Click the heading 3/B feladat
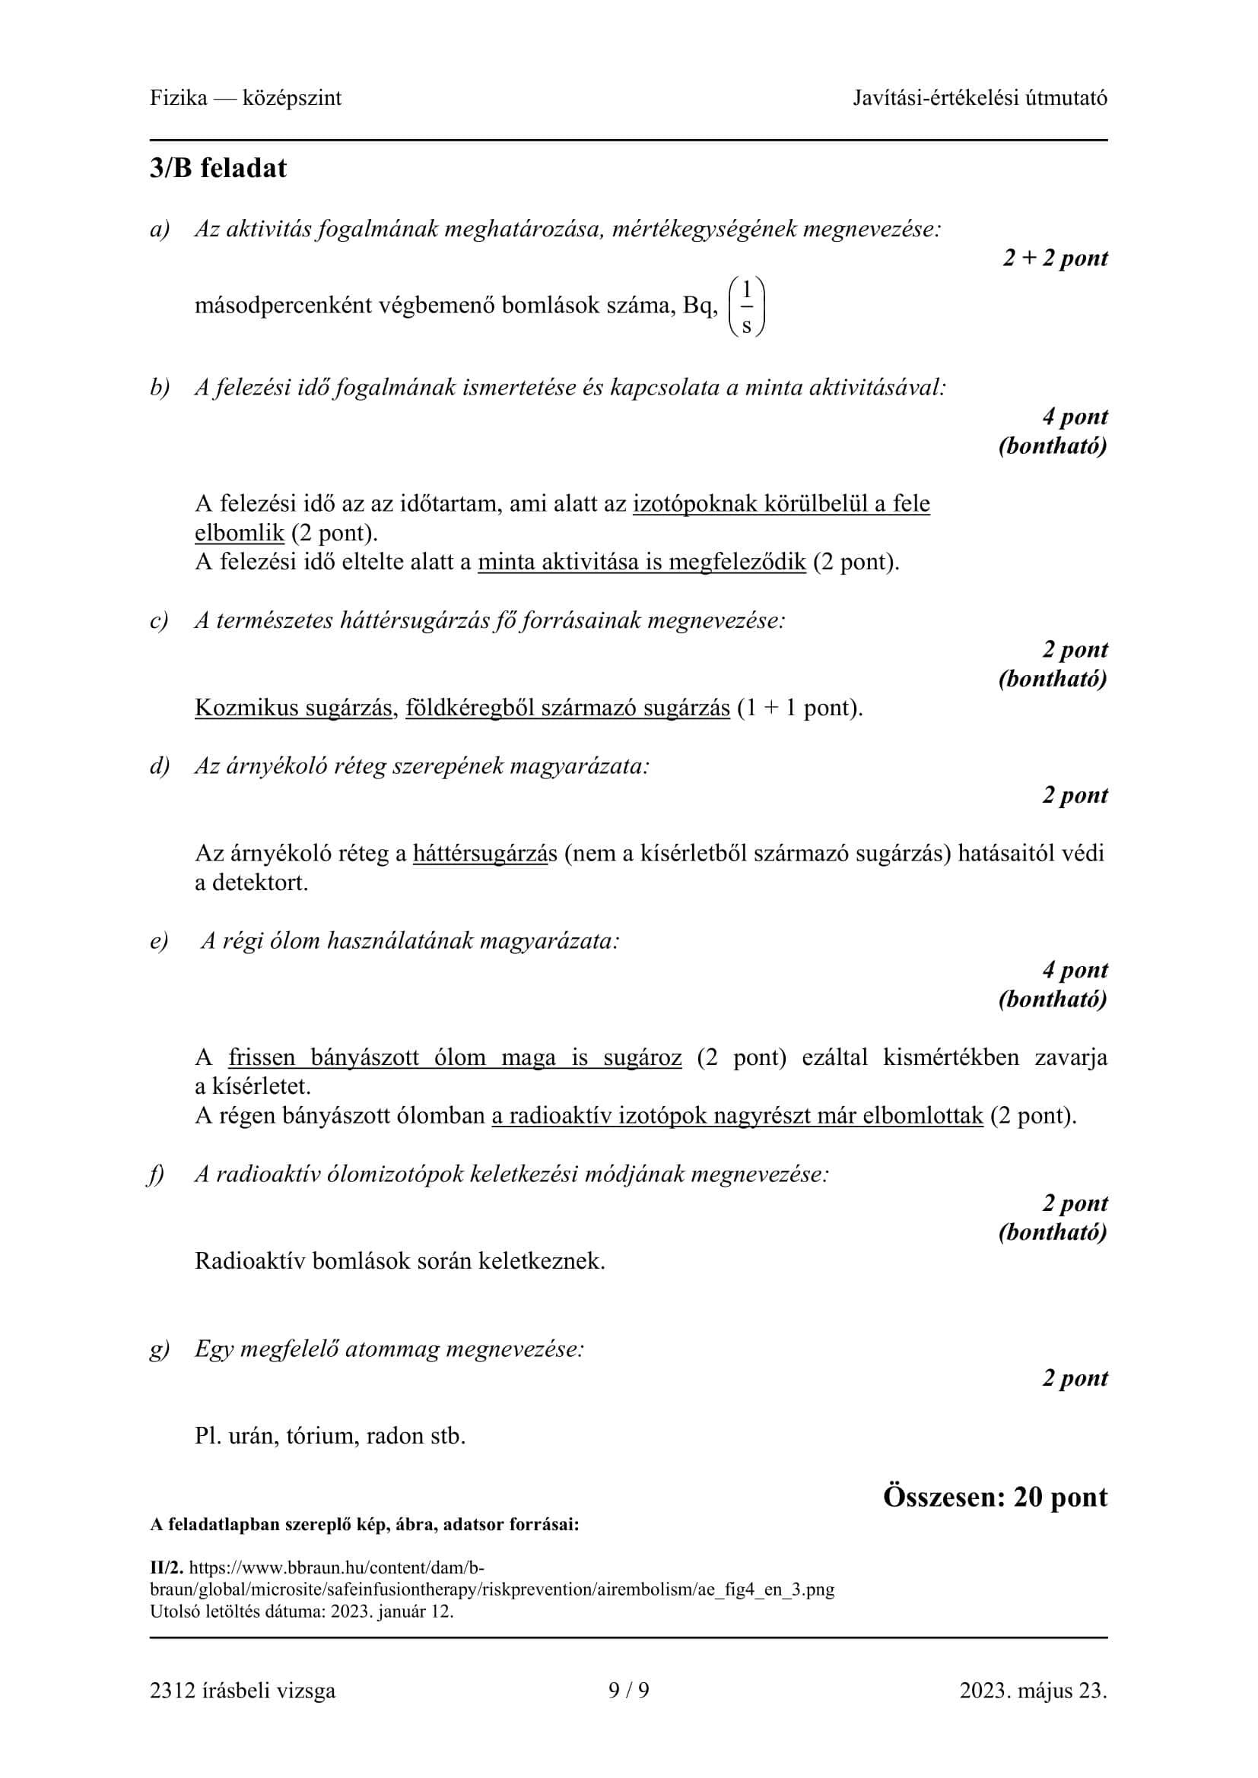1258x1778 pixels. coord(218,168)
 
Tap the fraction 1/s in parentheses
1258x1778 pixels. coord(747,306)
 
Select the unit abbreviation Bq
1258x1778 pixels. coord(700,306)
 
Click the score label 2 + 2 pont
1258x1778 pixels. coord(1054,258)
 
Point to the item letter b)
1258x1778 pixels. coord(160,387)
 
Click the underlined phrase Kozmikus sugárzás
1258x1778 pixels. coord(294,707)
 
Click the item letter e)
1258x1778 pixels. coord(159,941)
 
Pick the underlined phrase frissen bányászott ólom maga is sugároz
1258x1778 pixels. coord(455,1057)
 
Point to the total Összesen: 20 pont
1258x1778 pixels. coord(995,1496)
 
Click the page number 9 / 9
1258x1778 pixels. coord(629,1690)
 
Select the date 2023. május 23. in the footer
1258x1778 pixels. coord(1033,1690)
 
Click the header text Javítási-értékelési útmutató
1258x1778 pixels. coord(980,97)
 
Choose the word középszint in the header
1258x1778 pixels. coord(291,97)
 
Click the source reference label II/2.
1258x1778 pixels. coord(167,1567)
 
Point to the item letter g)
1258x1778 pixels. coord(159,1349)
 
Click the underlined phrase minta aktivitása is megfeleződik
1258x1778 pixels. coord(641,562)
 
